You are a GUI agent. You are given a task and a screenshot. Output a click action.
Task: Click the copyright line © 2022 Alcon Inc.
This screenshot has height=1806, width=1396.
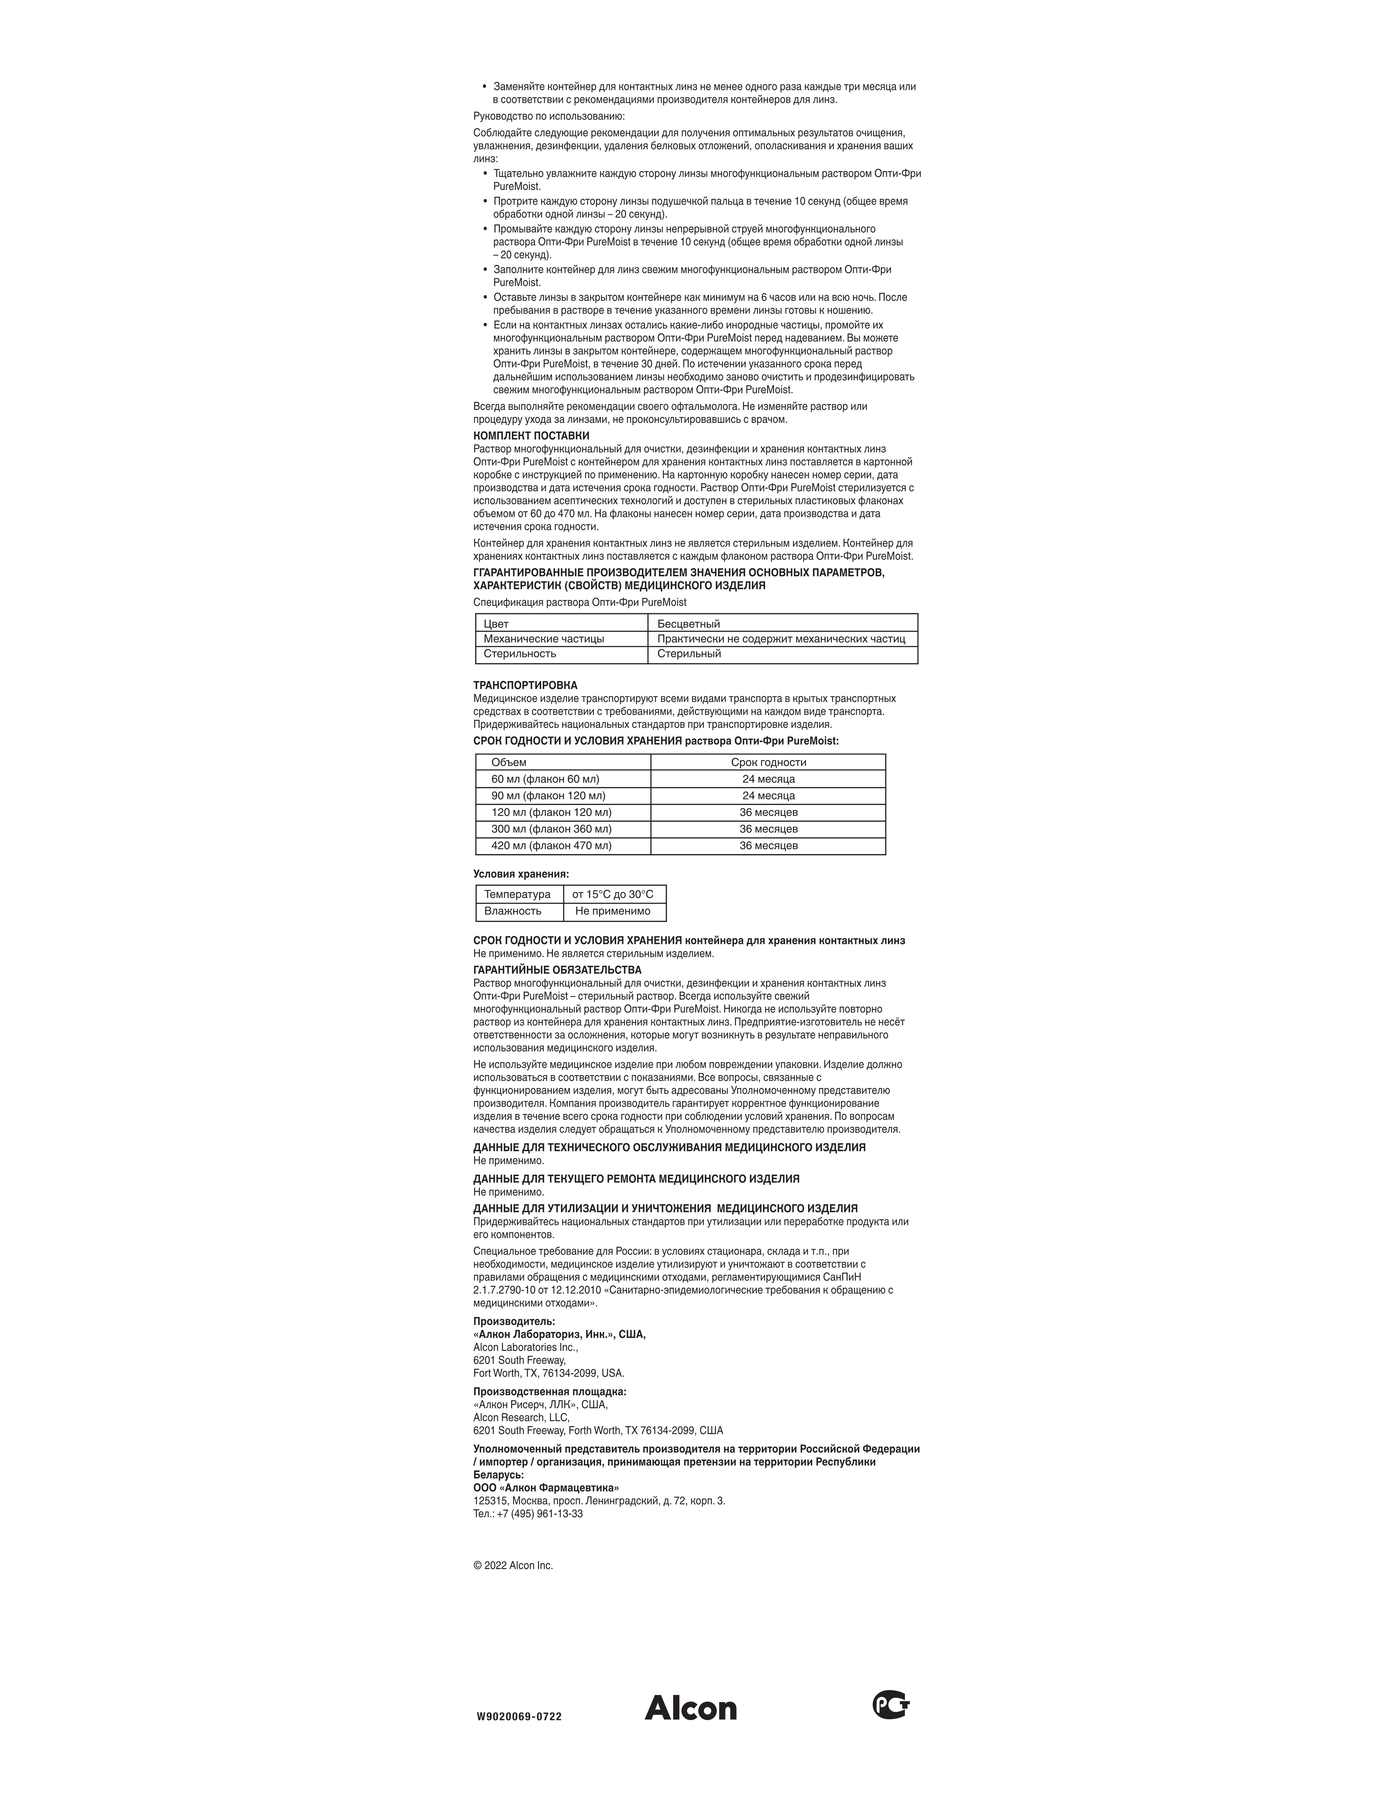[x=513, y=1565]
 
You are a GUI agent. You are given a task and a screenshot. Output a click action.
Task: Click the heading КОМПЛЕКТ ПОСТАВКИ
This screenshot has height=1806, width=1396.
[x=531, y=436]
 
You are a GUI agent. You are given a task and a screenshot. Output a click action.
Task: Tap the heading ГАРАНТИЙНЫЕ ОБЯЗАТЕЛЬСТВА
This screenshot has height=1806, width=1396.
[x=556, y=970]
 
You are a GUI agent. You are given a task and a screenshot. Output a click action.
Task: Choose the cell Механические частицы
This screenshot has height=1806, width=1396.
[x=543, y=638]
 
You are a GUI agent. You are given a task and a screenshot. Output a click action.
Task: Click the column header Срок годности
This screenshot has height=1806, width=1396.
[x=768, y=762]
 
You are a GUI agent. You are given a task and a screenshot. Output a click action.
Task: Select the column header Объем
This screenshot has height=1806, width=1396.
[x=509, y=762]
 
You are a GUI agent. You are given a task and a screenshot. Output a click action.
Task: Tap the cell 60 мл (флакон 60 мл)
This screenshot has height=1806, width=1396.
[x=545, y=779]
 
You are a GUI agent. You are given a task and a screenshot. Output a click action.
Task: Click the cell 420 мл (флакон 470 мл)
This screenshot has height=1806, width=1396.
[x=552, y=845]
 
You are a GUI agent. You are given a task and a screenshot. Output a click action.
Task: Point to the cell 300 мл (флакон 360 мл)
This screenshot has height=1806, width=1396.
[x=552, y=829]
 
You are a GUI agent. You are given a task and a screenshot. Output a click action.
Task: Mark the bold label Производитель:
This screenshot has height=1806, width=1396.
[x=514, y=1321]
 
